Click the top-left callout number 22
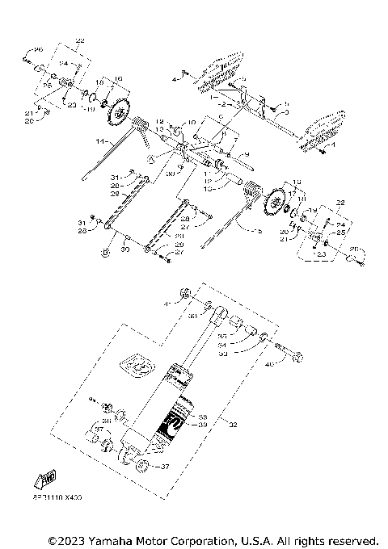pyautogui.click(x=78, y=39)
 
